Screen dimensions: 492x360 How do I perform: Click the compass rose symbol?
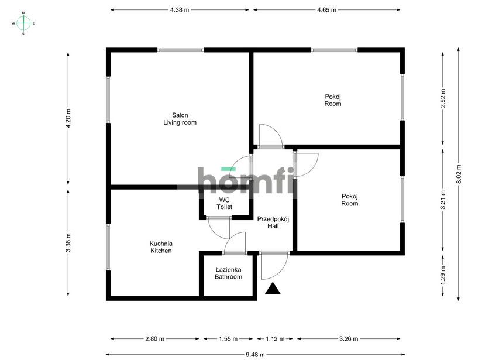pos(23,23)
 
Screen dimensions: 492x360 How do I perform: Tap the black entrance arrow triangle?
pos(273,289)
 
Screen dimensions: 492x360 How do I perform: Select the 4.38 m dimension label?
pos(180,10)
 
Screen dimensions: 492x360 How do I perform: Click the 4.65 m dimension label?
pos(326,10)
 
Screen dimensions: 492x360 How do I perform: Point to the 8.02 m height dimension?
pos(459,174)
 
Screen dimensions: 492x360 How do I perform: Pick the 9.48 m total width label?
pos(255,355)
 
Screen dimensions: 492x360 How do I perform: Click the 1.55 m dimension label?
pos(228,339)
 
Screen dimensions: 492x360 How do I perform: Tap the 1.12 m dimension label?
pos(275,339)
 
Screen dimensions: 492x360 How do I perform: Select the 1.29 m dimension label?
pos(443,275)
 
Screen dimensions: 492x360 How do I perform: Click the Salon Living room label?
pos(180,119)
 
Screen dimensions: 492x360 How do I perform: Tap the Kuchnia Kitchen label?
pos(161,247)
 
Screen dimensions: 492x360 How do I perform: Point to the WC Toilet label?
pos(224,203)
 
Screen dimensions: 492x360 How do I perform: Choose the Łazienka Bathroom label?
pos(228,273)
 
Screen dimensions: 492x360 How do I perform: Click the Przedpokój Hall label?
pos(273,222)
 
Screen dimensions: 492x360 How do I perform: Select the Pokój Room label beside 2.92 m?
pos(333,100)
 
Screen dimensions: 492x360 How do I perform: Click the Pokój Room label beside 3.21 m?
pos(350,200)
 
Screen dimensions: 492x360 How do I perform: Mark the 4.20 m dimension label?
pos(68,119)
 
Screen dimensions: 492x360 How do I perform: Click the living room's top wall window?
pos(180,50)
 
